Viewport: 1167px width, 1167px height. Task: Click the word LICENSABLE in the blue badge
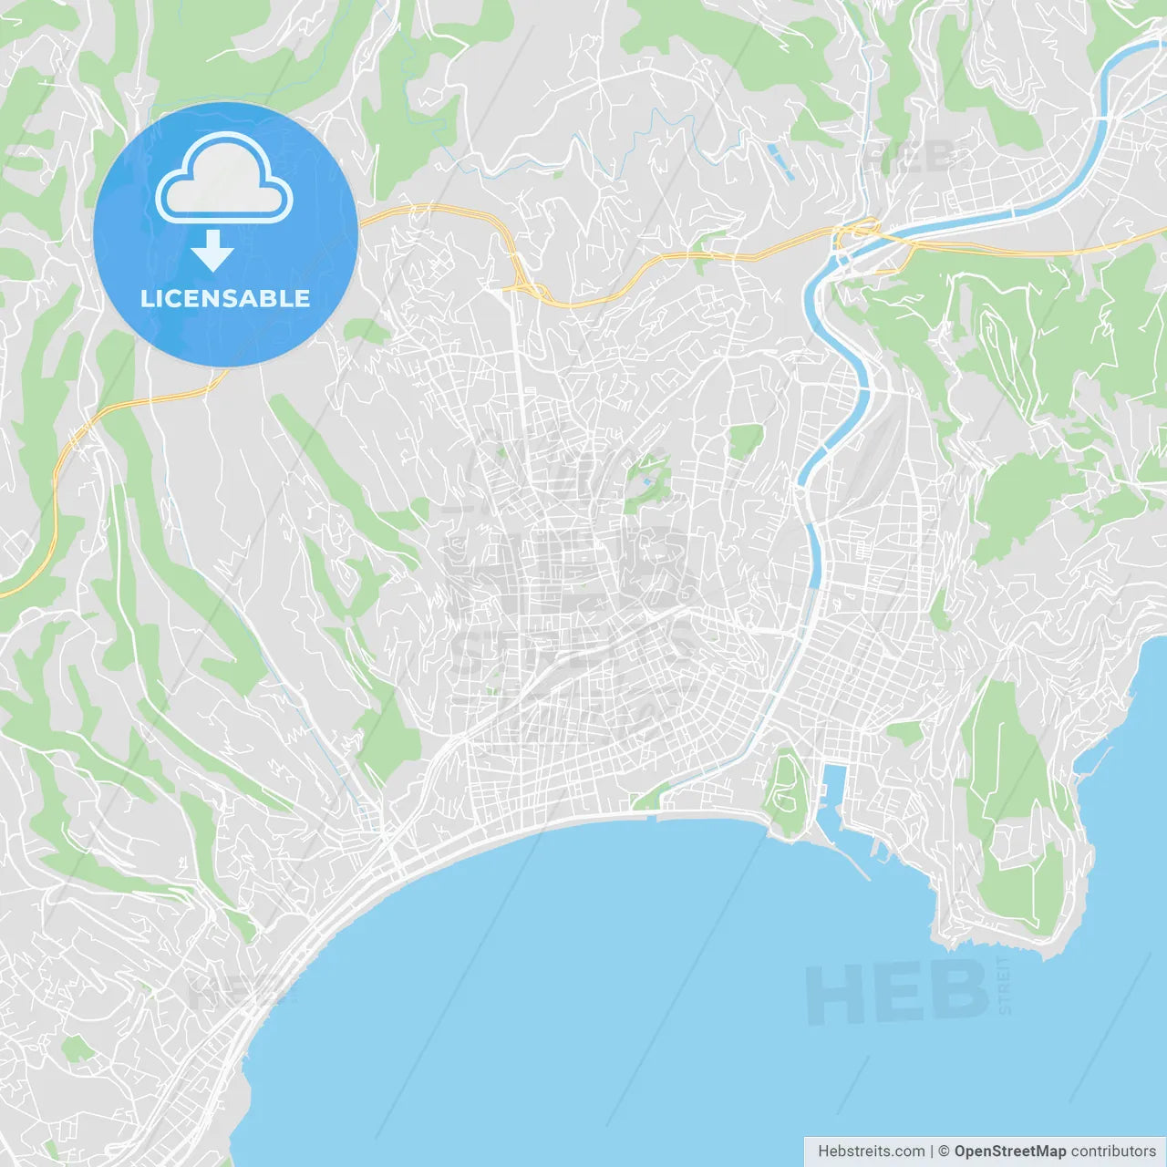[x=225, y=298]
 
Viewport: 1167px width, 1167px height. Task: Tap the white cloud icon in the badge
[x=224, y=179]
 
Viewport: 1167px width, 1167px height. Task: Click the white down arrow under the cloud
[x=212, y=251]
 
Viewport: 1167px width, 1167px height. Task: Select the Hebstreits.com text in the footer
[x=871, y=1152]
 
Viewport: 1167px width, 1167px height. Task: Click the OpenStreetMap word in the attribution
[x=1009, y=1152]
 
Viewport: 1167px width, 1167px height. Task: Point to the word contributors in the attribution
[x=1113, y=1152]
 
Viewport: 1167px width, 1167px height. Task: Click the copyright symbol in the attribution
[x=944, y=1152]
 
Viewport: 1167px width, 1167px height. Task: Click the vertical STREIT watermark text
[x=1005, y=986]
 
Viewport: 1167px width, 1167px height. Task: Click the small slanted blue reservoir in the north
[x=780, y=160]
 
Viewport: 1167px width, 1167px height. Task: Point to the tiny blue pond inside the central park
[x=646, y=480]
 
